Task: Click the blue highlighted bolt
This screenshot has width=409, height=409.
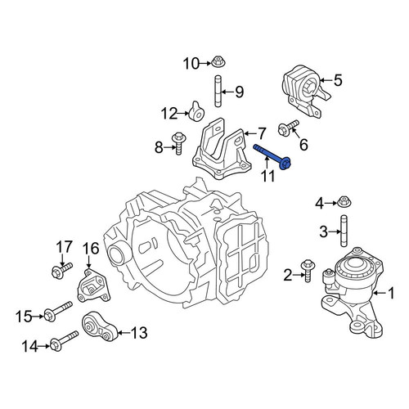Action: (272, 157)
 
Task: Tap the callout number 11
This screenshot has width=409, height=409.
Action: (268, 177)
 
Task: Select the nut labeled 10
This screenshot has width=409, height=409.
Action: (218, 61)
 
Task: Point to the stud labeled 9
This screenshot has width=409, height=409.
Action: (218, 92)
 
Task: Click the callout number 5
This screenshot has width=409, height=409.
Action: (338, 80)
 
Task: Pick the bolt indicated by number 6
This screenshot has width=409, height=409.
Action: (289, 128)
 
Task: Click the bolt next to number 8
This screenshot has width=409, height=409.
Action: (178, 143)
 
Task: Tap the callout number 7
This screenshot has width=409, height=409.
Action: (261, 133)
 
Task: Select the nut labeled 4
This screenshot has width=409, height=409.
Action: (344, 202)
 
